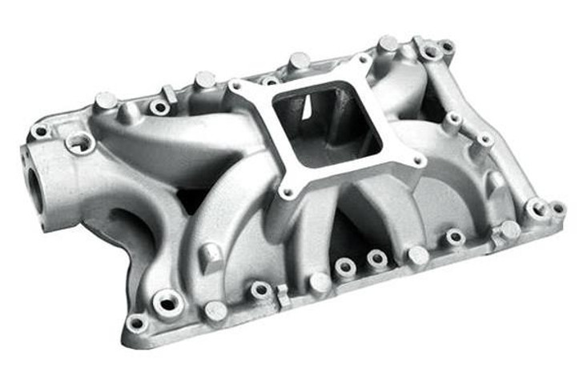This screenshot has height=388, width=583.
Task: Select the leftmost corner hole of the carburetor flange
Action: coord(235,86)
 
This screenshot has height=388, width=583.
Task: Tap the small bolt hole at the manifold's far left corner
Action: coord(39,130)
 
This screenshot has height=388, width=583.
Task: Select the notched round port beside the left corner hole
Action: coord(80,143)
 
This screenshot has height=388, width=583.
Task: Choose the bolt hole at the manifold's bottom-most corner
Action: coord(136,324)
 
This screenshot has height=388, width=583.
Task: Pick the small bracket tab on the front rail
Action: coord(281,297)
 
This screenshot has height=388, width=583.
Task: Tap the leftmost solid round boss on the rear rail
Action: coord(105,100)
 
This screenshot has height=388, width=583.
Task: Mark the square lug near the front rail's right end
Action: coord(505,232)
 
